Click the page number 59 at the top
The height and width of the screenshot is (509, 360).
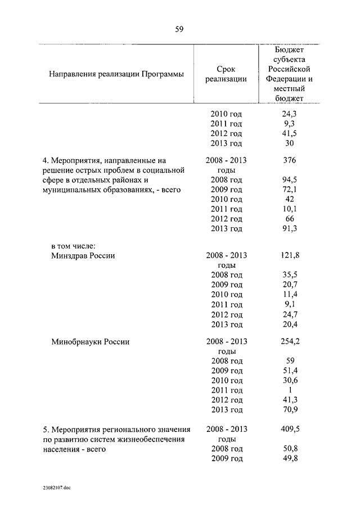coord(179,30)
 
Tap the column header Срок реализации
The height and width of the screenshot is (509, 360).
coord(226,74)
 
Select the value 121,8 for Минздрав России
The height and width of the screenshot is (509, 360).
coord(290,255)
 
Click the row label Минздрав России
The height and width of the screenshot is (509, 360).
coord(83,255)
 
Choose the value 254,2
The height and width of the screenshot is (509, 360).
coord(290,341)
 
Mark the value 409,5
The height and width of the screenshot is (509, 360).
coord(290,429)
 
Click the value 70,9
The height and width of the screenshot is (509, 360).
coord(290,409)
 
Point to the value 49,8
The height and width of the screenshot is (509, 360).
coord(290,458)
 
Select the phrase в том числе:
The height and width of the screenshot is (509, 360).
coord(74,246)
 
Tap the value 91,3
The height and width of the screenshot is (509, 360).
coord(290,228)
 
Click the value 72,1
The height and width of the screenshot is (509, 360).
coord(290,190)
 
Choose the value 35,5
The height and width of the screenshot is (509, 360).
coord(290,275)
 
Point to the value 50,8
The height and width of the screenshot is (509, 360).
coord(290,449)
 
